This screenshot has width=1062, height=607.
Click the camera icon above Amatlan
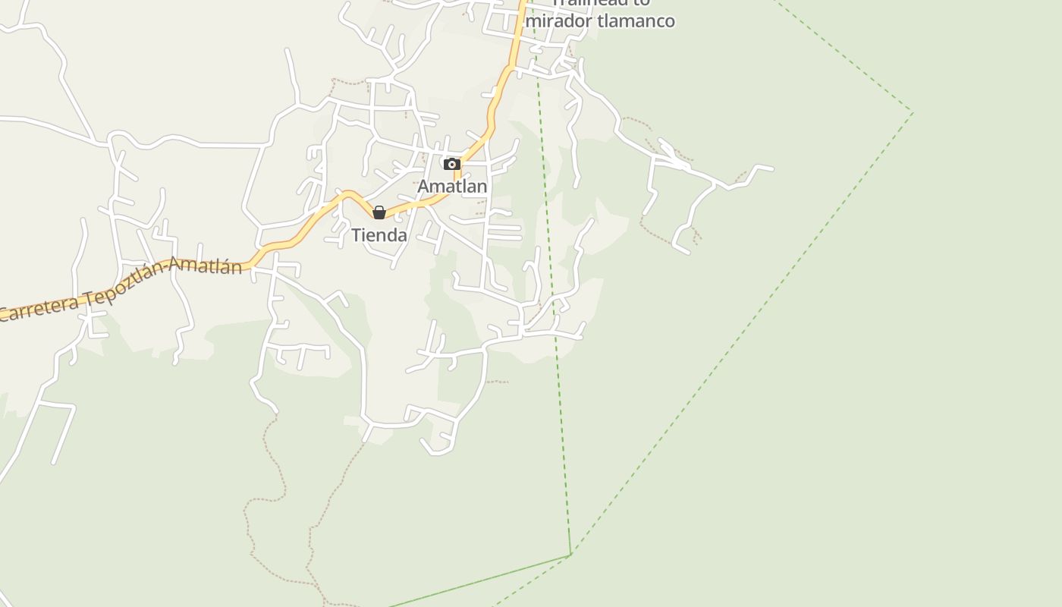coord(452,164)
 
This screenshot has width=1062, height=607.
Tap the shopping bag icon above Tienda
coord(379,212)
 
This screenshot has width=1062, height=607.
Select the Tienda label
coord(379,235)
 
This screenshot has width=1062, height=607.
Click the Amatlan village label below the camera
coord(452,186)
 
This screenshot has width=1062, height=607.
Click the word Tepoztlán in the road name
coord(124,285)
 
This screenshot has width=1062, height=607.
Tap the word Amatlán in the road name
coord(206,266)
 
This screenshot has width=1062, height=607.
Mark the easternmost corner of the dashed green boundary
coord(913,114)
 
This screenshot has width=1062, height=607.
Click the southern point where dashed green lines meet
coord(570,555)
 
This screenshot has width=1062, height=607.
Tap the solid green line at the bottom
coord(478,581)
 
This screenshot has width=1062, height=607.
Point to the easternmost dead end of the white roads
coord(772,168)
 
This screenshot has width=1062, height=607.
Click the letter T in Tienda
coord(356,235)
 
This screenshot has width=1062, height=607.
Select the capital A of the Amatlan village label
coord(424,186)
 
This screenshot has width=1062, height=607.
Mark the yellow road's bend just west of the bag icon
coord(347,194)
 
